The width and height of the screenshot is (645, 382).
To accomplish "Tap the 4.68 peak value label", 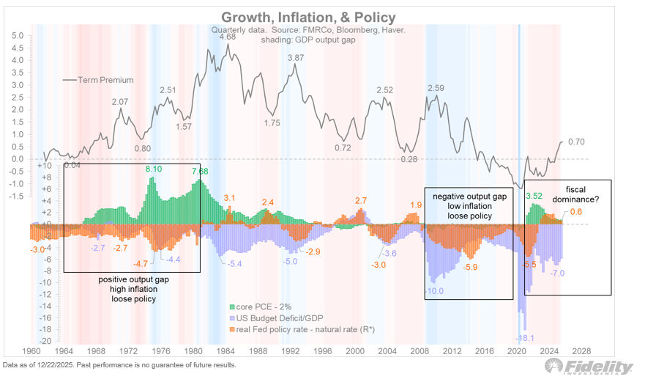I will point(228,36).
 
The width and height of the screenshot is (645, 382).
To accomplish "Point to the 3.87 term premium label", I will point(296,57).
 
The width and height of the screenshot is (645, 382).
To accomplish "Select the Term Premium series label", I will point(100,80).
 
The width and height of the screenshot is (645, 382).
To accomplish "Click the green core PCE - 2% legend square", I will point(232,305).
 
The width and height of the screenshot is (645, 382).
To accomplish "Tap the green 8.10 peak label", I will point(154,169).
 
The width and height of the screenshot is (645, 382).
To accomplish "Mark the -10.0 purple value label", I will point(436,291).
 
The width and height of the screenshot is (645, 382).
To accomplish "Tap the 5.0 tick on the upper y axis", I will point(18,35).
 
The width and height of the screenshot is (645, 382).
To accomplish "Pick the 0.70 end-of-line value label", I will point(578,142).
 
